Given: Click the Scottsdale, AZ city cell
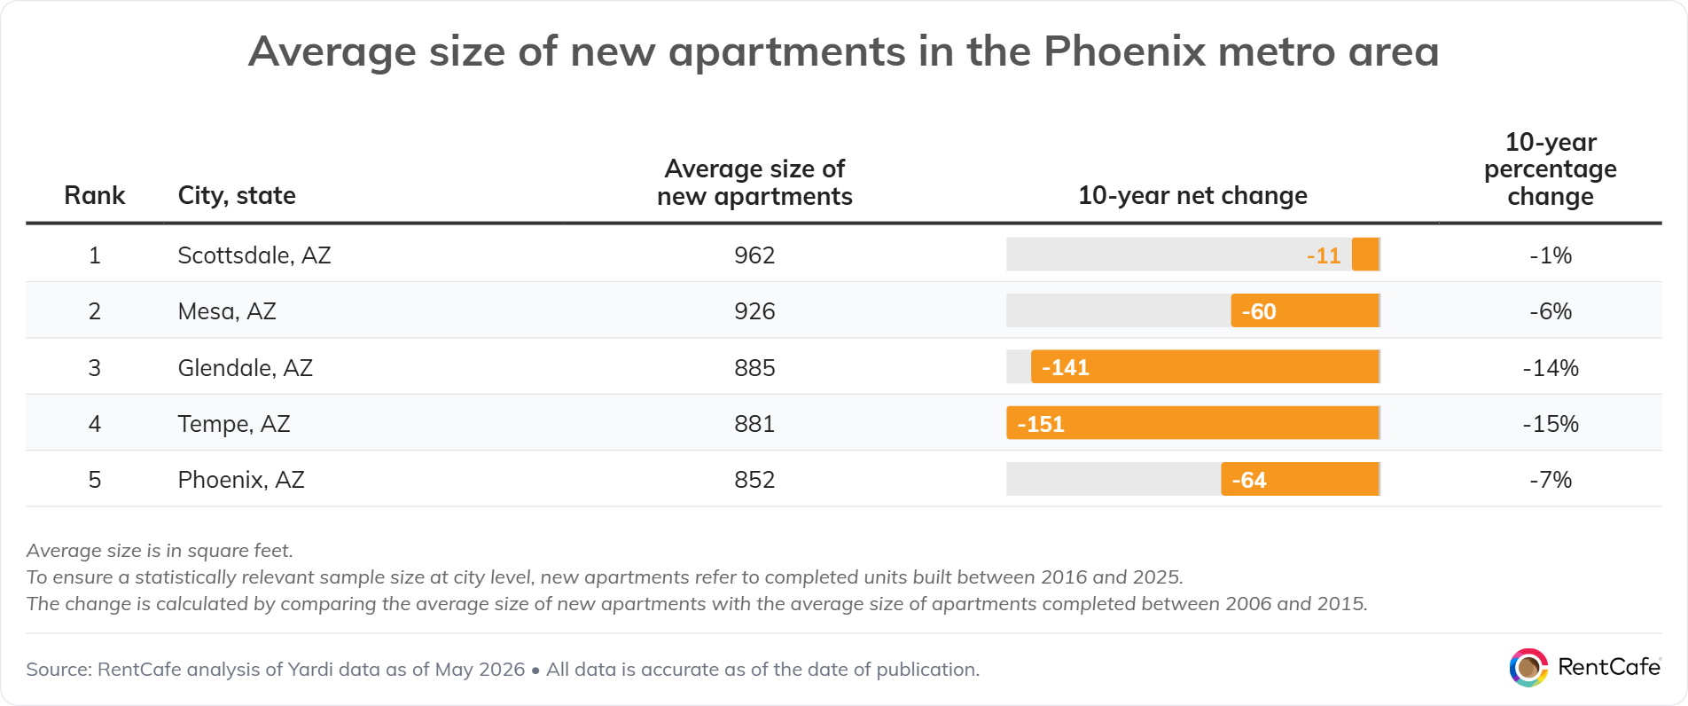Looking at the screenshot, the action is click(x=254, y=255).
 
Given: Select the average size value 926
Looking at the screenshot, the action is click(x=754, y=311).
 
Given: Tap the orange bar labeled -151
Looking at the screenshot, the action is click(x=1192, y=423).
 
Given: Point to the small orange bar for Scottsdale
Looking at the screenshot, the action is click(x=1365, y=255).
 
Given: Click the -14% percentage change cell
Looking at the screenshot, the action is click(x=1551, y=368).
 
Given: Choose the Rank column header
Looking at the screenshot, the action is click(x=95, y=195).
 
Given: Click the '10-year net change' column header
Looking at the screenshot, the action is click(x=1192, y=195).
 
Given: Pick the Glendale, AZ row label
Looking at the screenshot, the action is click(x=246, y=368).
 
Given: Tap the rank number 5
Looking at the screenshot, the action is click(x=95, y=480).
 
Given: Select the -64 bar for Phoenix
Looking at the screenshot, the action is click(x=1300, y=480).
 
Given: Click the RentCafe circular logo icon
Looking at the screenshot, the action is click(x=1528, y=668).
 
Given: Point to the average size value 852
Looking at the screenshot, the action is click(x=754, y=480).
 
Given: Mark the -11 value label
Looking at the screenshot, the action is click(x=1324, y=256).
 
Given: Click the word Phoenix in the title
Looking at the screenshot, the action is click(x=1123, y=51).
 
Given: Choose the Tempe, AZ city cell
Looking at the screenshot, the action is click(x=234, y=424).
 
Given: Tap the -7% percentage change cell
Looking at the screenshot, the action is click(x=1551, y=480).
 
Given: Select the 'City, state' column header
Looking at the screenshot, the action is click(x=237, y=196).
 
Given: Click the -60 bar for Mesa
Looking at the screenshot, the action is click(x=1305, y=311).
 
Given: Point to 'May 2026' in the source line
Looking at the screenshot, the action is click(x=480, y=670).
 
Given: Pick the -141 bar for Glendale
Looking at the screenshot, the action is click(x=1205, y=367).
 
